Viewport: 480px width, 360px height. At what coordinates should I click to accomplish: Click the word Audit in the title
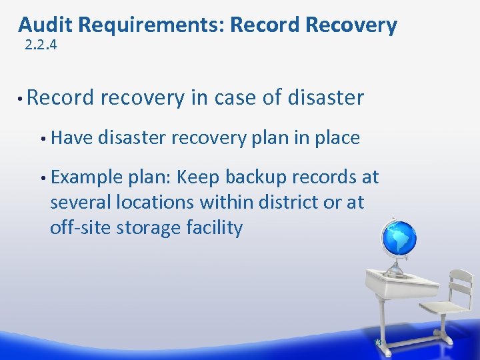(45, 25)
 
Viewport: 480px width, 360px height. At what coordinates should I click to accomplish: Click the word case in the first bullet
(237, 97)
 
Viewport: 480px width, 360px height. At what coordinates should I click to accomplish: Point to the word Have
(72, 138)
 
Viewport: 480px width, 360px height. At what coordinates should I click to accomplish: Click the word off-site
(80, 227)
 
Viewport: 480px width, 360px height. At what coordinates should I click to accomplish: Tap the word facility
(214, 227)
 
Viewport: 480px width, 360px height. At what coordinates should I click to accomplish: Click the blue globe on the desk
(398, 237)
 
